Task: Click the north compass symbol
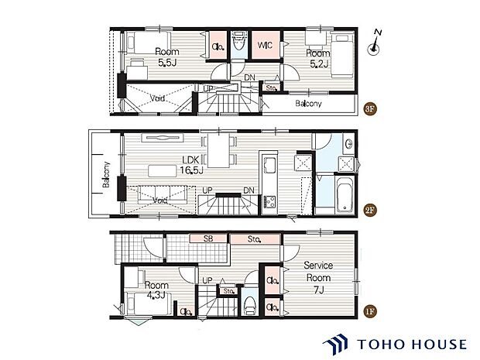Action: (x=374, y=43)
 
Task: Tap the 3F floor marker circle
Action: (x=369, y=109)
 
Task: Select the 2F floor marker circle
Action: (x=369, y=211)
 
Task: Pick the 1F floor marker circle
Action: (x=369, y=312)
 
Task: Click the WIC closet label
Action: (x=265, y=46)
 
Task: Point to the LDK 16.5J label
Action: (x=192, y=165)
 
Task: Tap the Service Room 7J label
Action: (x=318, y=278)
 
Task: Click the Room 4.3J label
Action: (x=156, y=290)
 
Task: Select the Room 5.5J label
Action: (x=166, y=57)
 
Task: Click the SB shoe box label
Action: (x=208, y=238)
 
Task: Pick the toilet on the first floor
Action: (x=251, y=304)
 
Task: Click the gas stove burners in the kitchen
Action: (x=269, y=202)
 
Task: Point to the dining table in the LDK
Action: (x=218, y=150)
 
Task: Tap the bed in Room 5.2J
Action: (x=342, y=54)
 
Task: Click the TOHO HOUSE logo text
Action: (x=412, y=345)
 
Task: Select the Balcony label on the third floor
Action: (x=309, y=104)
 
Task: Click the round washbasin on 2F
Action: (x=348, y=143)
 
